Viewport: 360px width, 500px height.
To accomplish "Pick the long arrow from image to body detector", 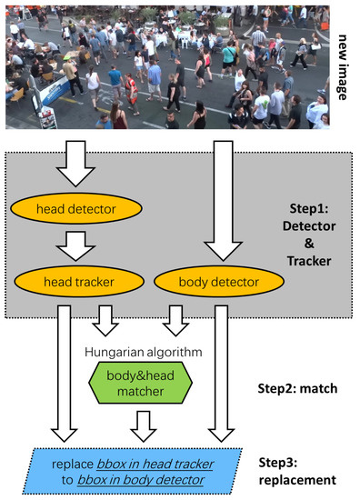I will [215, 200].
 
